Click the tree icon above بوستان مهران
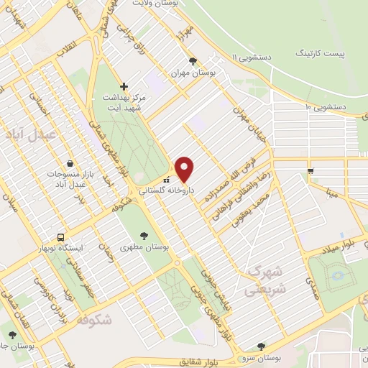click(x=192, y=61)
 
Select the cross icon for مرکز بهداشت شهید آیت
click(x=124, y=86)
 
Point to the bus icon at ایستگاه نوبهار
click(x=61, y=236)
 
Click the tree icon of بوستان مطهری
click(x=144, y=234)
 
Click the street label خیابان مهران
click(x=242, y=124)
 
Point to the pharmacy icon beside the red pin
click(x=167, y=180)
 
